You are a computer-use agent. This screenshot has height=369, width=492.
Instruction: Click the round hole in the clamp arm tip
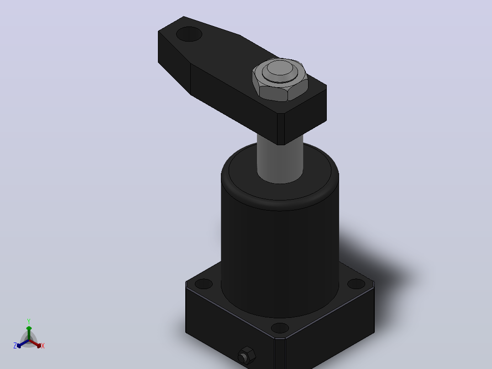189,34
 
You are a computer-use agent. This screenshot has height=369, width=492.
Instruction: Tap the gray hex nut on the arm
280,80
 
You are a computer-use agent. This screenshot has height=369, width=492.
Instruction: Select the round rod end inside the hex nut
280,70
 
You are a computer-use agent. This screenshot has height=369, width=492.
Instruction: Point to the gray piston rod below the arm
280,160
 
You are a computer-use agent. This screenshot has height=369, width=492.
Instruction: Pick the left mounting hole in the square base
204,284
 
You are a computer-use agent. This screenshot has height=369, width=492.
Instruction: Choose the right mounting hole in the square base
356,284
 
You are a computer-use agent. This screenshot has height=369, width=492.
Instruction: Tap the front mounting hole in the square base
280,328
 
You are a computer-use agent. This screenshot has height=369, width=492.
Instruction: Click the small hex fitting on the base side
246,356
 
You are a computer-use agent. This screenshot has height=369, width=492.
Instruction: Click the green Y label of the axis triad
29,321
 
